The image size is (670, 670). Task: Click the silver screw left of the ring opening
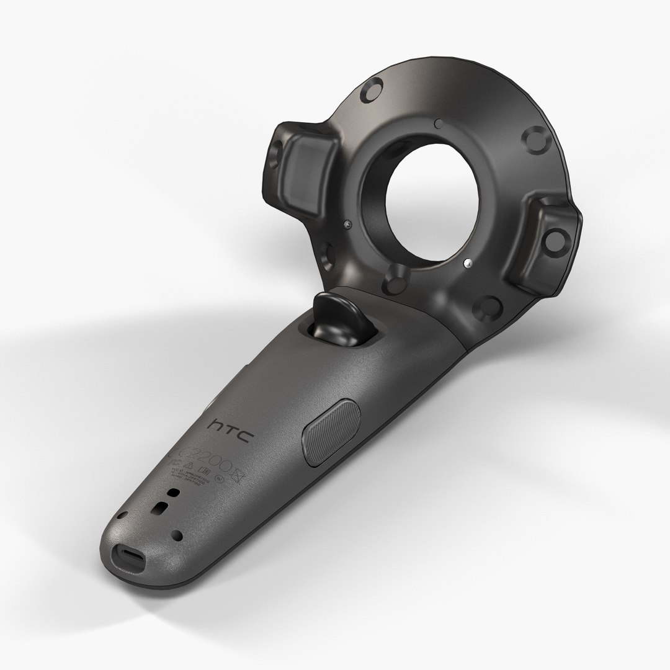[347, 223]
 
